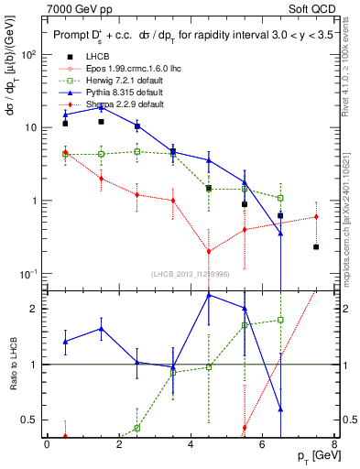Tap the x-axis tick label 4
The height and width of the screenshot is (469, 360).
point(191,446)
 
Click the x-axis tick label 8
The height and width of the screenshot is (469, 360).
point(333,446)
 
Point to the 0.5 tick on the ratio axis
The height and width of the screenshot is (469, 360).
point(35,420)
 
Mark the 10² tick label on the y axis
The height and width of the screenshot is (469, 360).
point(29,55)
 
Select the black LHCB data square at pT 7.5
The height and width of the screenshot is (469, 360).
point(316,246)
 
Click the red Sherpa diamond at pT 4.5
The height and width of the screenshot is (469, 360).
point(209,251)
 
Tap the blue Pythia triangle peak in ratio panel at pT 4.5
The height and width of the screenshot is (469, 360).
point(209,295)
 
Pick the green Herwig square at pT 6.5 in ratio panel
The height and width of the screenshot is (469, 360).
point(280,320)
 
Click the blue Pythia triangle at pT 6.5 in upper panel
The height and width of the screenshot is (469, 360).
point(280,233)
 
